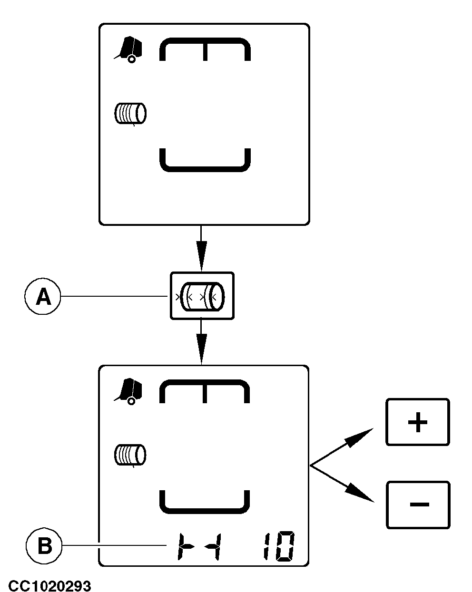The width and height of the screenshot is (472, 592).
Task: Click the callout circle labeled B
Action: [45, 546]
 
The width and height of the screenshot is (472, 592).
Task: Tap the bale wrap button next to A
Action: [202, 296]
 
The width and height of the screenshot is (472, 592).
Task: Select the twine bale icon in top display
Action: [130, 114]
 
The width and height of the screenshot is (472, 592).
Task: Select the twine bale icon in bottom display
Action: [130, 455]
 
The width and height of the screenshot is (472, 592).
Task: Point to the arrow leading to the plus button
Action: [343, 445]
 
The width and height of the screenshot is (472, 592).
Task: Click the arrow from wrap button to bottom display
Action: [201, 341]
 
